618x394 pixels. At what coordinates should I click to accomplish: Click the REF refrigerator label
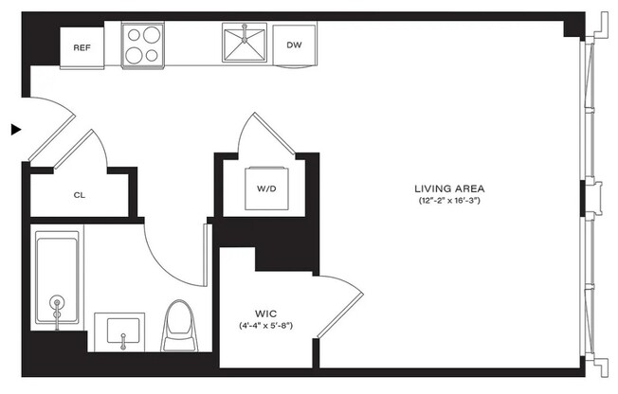point(82,46)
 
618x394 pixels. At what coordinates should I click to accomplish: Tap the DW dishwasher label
point(294,44)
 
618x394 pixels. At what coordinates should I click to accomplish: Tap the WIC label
point(264,313)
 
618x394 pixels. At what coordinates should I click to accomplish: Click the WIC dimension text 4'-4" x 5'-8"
point(265,326)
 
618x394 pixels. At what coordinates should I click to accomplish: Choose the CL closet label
point(80,195)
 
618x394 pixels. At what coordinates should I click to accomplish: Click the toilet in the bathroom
point(179,324)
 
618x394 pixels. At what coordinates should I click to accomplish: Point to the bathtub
point(58,280)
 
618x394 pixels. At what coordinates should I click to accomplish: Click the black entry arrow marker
point(15,129)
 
